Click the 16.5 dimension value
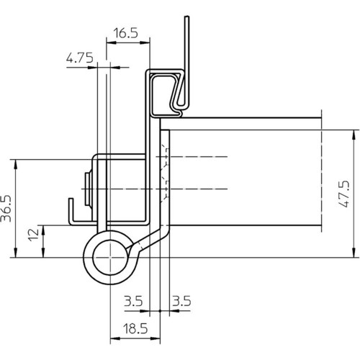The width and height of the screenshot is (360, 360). (126, 33)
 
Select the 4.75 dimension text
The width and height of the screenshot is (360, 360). (80, 58)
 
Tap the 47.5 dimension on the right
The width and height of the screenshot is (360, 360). (344, 194)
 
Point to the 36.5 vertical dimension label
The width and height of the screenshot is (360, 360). (6, 208)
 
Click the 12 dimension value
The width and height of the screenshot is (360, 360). (33, 235)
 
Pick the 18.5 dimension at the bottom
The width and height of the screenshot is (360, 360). (135, 328)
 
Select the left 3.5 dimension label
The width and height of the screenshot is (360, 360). (133, 301)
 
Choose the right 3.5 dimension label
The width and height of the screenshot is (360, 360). (181, 301)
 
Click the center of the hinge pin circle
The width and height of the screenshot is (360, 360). (110, 258)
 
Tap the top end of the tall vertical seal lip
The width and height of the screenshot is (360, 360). (187, 17)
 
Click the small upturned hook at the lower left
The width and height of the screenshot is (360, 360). (71, 210)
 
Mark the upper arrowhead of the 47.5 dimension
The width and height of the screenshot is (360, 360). (354, 135)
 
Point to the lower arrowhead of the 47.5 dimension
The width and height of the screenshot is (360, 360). (354, 253)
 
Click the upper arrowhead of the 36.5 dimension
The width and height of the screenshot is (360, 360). (16, 164)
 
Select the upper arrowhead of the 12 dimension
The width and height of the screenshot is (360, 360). (43, 230)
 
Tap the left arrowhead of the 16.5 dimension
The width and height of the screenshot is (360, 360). (111, 42)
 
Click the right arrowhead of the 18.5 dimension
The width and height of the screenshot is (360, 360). (156, 338)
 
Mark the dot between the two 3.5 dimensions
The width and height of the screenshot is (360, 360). (160, 311)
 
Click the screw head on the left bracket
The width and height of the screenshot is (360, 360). (88, 189)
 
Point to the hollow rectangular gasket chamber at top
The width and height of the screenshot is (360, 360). (166, 94)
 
